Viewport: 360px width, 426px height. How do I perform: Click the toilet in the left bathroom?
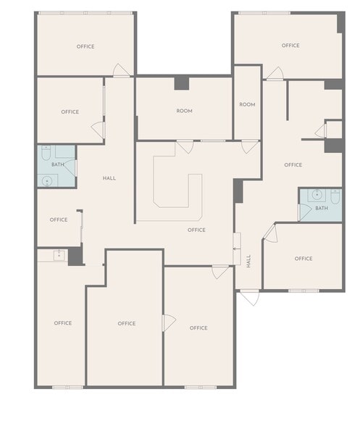coord(46,154)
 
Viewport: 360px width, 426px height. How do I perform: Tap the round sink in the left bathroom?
coord(47,181)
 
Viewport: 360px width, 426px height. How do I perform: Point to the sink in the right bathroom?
coord(316,195)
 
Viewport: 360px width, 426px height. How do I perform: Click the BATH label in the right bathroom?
coord(321,209)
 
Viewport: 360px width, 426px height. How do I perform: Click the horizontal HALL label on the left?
coord(109,178)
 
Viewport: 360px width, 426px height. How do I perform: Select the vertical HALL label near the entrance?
coord(248,261)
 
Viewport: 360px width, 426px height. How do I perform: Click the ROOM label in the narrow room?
coord(247,105)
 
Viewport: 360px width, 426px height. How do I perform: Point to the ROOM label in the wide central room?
coord(184,111)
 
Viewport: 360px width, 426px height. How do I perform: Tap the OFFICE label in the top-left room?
coord(85,46)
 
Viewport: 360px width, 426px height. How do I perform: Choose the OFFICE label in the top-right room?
coord(290,46)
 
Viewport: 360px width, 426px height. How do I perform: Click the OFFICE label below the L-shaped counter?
coord(196,230)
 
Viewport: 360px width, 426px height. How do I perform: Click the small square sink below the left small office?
coord(59,255)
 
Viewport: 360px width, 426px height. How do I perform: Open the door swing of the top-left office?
coord(122,71)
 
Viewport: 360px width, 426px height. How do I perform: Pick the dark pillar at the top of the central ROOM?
coord(181,83)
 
